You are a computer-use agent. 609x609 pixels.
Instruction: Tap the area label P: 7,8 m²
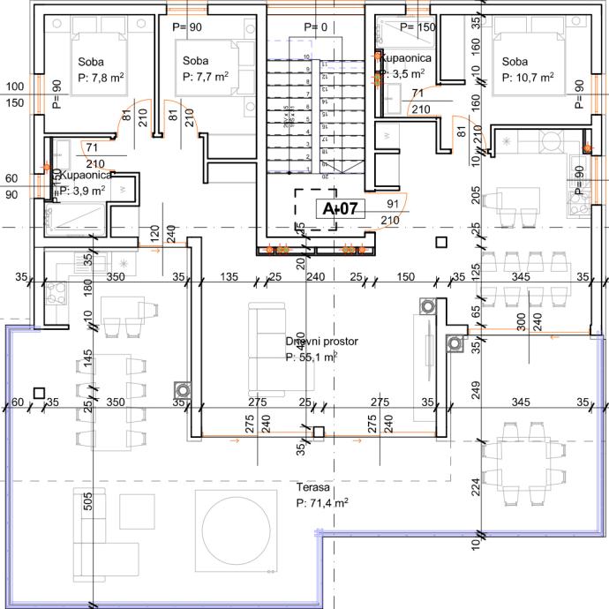(100, 78)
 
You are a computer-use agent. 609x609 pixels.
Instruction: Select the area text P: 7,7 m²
(206, 77)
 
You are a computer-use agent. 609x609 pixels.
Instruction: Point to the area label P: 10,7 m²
(527, 78)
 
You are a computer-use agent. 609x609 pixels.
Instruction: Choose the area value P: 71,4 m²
(322, 502)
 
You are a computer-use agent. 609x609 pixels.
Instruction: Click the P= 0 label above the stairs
(315, 27)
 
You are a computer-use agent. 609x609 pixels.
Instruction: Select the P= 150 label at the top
(417, 27)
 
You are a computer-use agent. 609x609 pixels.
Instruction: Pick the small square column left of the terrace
(39, 393)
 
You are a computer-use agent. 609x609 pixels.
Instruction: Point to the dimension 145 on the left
(88, 359)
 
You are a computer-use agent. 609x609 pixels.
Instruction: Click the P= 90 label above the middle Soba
(190, 27)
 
